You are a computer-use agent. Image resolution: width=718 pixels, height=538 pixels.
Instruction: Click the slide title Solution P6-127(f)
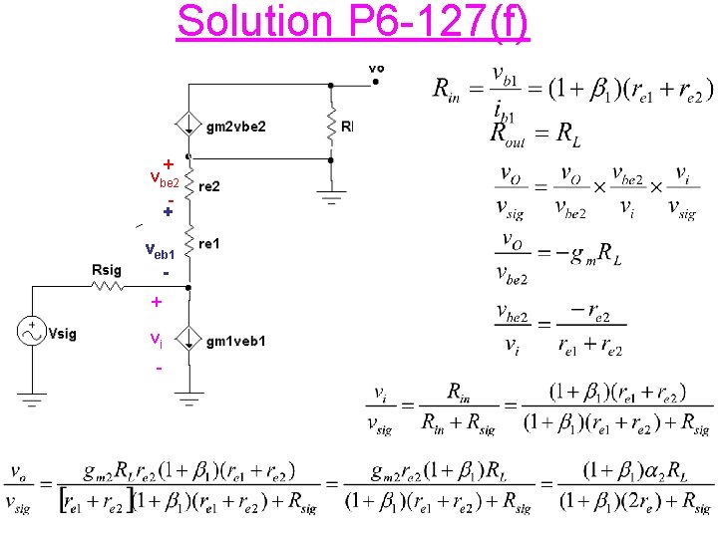pos(353,21)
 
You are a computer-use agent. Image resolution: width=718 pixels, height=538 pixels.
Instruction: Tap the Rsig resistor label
pos(106,269)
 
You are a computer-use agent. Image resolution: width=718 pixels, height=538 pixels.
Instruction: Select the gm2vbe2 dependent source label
pos(235,127)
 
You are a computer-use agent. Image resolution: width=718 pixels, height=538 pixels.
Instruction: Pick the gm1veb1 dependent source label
pos(235,342)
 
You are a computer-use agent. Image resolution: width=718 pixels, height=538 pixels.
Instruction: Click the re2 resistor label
pos(209,186)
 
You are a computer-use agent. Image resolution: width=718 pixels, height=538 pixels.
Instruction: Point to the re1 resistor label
pos(209,243)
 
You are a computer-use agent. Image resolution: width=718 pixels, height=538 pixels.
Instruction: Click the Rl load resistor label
pos(346,127)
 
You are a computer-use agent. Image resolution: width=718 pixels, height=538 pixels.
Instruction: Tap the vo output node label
pos(376,68)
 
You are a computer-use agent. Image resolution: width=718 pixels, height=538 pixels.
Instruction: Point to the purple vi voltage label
pos(156,339)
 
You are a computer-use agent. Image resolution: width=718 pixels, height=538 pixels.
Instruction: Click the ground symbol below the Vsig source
pos(33,401)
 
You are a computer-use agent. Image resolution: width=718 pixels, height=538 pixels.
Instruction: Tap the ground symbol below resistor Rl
pos(330,198)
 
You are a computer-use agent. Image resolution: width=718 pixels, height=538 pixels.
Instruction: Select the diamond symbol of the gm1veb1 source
pos(186,341)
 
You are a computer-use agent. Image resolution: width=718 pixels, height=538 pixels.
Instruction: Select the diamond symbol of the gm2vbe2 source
pos(186,125)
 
